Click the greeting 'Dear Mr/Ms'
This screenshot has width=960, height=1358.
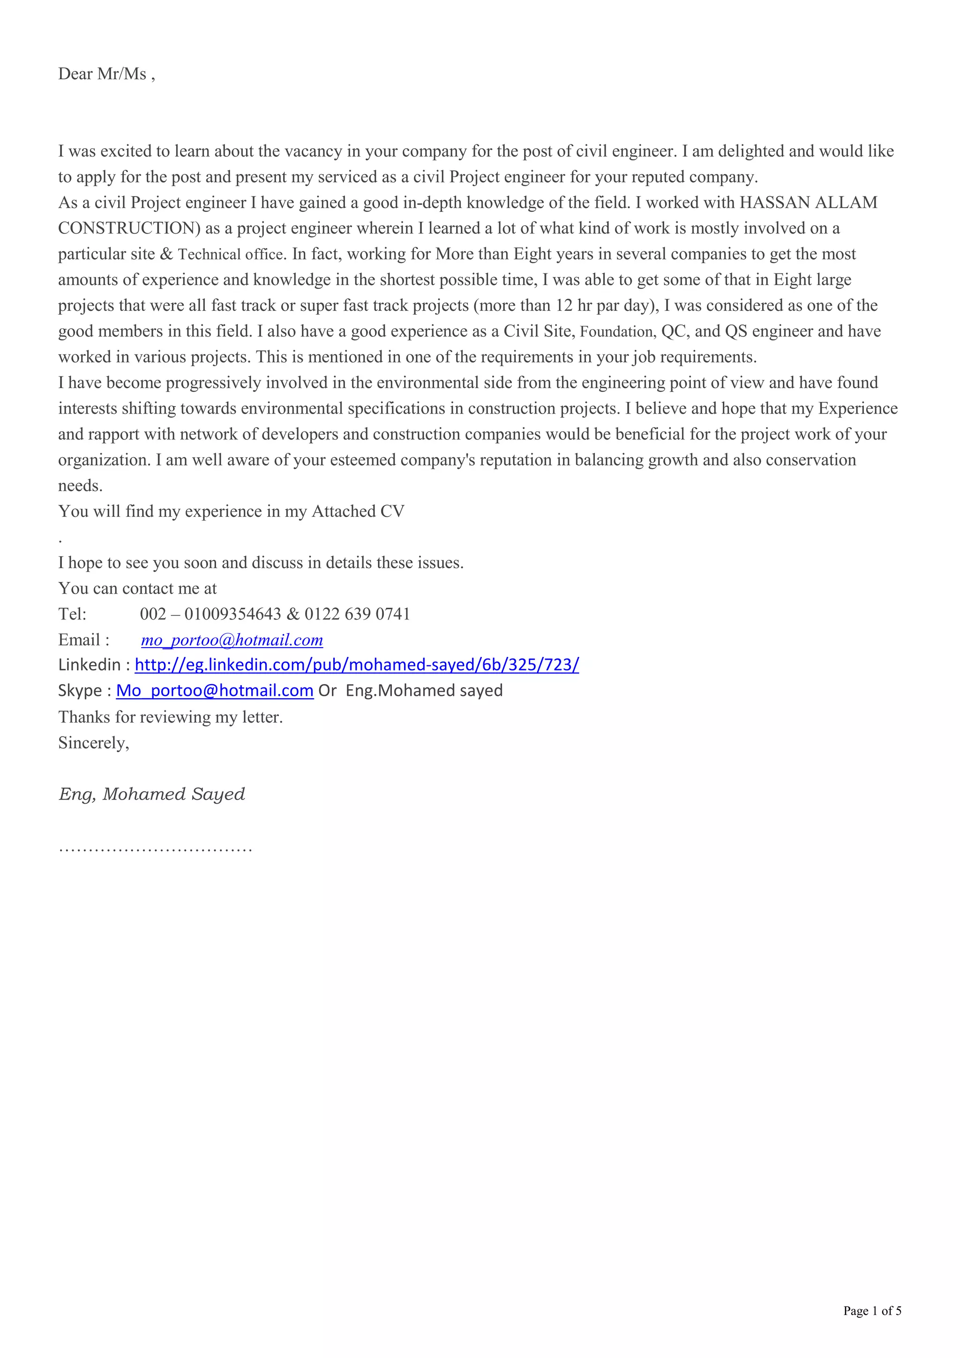tap(102, 74)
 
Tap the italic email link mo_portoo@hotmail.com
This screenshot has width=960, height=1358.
tap(232, 640)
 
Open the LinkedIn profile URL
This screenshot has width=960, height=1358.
tap(356, 665)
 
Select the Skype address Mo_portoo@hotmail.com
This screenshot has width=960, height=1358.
tap(215, 691)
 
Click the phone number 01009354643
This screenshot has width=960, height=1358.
tap(232, 614)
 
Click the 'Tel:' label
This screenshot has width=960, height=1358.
tap(72, 614)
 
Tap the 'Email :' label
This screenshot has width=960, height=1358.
tap(83, 640)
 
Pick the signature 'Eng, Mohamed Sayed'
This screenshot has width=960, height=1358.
tap(151, 794)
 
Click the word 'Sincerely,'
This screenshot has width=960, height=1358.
tap(93, 743)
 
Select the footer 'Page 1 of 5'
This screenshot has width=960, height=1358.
tap(872, 1311)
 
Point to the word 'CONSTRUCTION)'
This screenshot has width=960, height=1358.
tap(129, 228)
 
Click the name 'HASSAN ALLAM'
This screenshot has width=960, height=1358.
tap(808, 203)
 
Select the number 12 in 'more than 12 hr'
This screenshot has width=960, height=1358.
tap(564, 306)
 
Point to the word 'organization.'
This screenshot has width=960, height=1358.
tap(104, 460)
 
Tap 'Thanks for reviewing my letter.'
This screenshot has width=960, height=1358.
tap(170, 717)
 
